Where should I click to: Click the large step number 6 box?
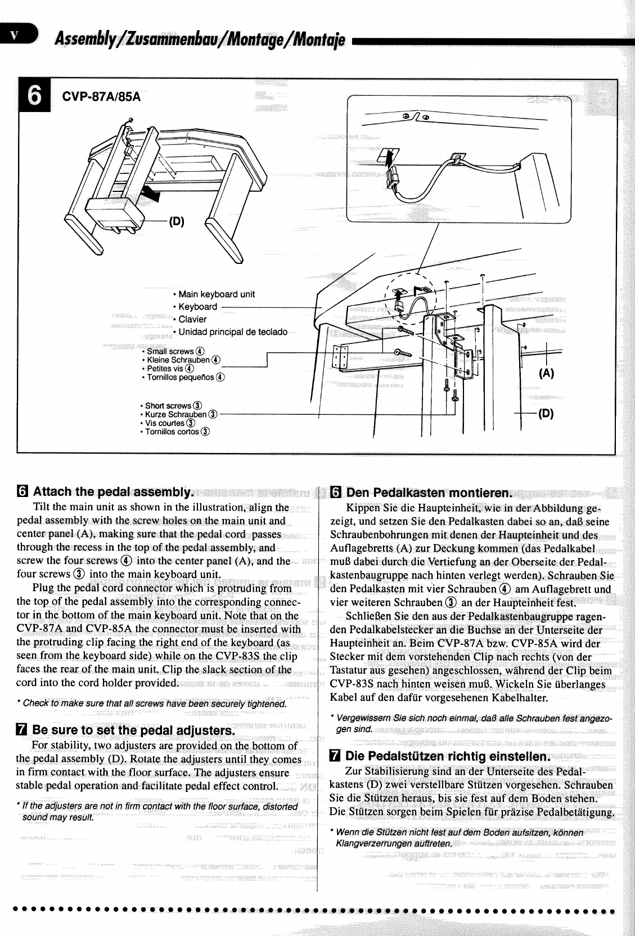(x=34, y=96)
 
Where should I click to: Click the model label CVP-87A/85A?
(x=101, y=96)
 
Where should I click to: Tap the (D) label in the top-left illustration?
(x=177, y=221)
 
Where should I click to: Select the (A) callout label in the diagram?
(x=546, y=373)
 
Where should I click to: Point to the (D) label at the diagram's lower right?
(x=546, y=414)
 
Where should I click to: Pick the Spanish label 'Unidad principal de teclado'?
(x=232, y=332)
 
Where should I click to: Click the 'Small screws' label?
(x=170, y=351)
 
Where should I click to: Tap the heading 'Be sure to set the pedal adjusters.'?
(x=133, y=731)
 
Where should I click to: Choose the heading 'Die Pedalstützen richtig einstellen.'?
(x=447, y=755)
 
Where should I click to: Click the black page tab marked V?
(x=17, y=34)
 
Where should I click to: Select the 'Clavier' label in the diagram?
(x=192, y=319)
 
